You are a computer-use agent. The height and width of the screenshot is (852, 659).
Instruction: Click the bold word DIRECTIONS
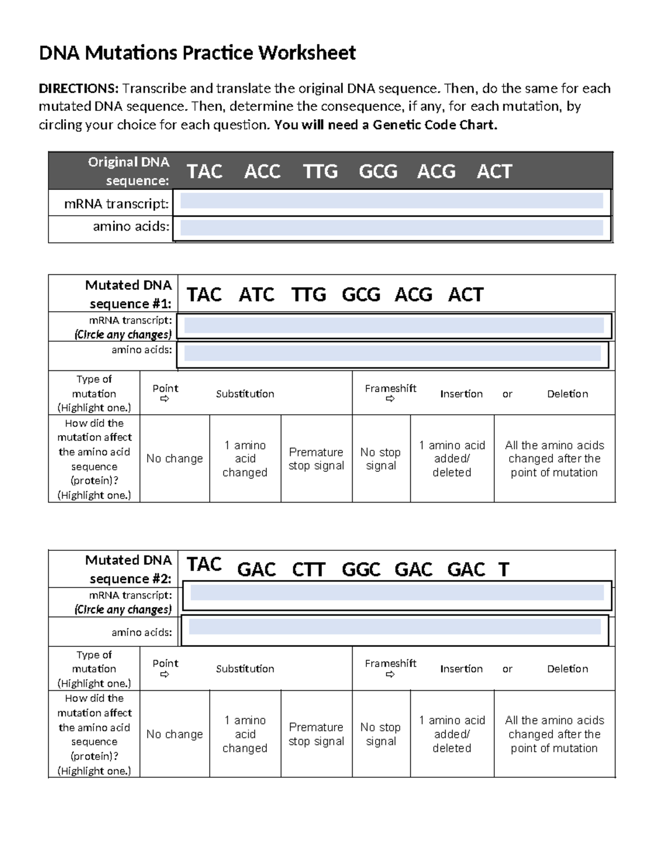(x=78, y=89)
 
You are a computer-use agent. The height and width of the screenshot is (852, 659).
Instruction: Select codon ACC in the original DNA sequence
(x=262, y=172)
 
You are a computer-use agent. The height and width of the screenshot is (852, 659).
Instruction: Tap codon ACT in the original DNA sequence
(x=494, y=172)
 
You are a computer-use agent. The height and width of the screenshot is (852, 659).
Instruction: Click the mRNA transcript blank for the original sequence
(x=392, y=201)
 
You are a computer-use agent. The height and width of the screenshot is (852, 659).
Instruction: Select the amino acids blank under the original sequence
(x=392, y=228)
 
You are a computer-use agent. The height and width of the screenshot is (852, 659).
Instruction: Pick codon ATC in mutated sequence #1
(x=256, y=295)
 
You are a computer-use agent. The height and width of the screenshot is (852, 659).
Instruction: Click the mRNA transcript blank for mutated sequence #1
(x=394, y=326)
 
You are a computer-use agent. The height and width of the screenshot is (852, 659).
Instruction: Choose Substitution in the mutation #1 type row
(x=245, y=394)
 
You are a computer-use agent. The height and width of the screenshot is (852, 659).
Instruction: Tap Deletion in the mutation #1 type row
(x=567, y=394)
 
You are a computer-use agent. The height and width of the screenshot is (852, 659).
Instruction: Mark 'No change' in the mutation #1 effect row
(x=175, y=459)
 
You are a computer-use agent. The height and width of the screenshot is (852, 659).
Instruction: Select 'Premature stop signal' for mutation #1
(x=316, y=459)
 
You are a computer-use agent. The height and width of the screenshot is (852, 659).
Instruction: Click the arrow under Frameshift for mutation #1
(x=390, y=399)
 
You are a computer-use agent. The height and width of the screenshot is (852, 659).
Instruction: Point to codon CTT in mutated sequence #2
(x=309, y=570)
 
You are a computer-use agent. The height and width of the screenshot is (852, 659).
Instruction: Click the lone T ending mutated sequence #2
(x=504, y=570)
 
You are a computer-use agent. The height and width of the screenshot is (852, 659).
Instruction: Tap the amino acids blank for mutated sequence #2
(x=395, y=627)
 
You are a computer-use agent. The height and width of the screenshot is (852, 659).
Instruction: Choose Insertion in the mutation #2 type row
(x=461, y=669)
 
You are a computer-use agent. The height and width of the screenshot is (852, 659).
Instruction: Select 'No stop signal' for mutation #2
(x=381, y=734)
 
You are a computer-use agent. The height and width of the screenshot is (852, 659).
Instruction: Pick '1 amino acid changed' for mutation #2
(x=245, y=734)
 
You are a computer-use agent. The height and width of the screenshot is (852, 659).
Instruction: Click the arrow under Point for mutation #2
(x=165, y=674)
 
